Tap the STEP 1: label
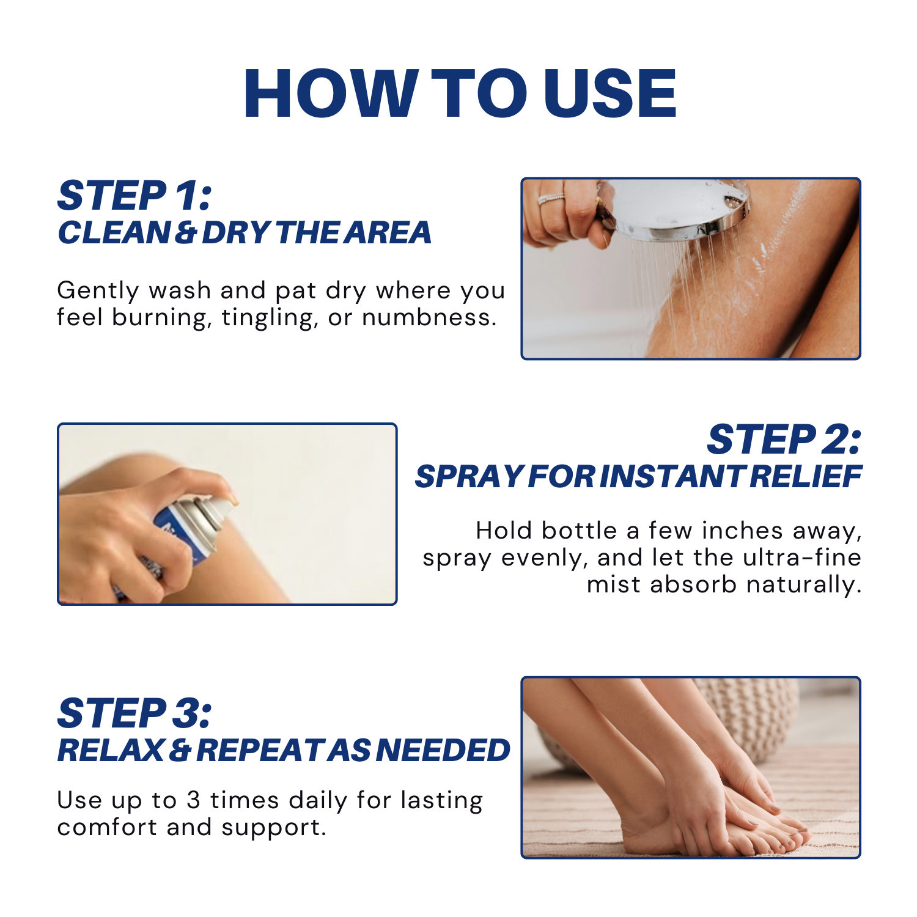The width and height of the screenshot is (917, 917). [134, 196]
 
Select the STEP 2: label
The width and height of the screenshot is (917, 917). [784, 440]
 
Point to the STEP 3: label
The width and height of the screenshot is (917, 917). [134, 713]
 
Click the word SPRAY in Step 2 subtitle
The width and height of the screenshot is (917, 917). [468, 477]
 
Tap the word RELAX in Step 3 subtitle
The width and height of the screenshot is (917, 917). [111, 750]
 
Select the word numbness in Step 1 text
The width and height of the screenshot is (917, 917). [429, 317]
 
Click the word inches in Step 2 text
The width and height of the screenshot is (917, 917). [742, 531]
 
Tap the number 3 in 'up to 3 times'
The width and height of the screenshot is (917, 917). [193, 800]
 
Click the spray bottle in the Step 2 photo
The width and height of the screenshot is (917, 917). [177, 538]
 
